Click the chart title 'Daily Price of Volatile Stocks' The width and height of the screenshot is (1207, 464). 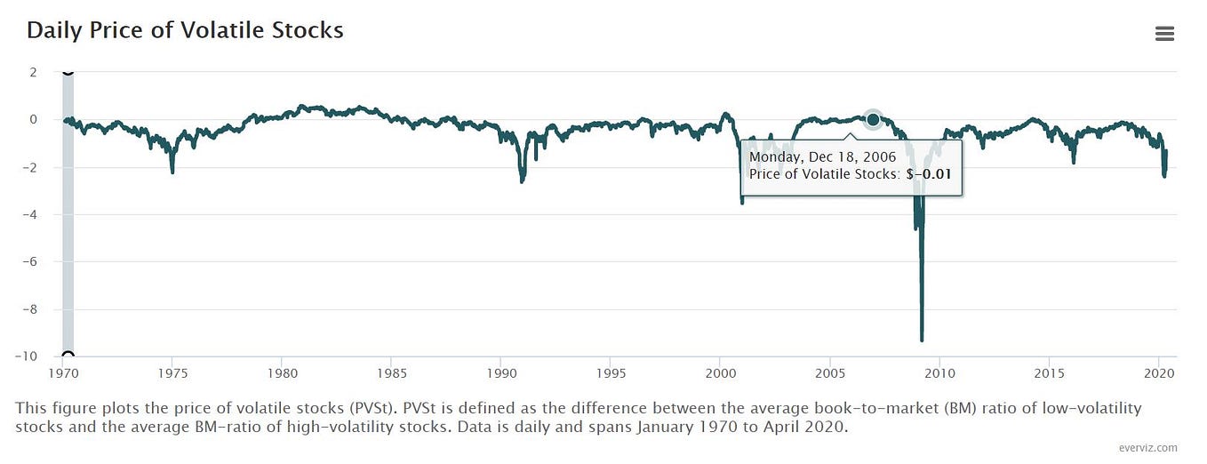point(185,30)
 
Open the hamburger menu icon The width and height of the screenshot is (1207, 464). point(1164,34)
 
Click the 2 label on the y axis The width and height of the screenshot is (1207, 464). point(33,72)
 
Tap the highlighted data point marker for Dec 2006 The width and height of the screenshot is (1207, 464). point(873,119)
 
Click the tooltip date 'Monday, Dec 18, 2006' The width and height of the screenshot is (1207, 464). point(822,157)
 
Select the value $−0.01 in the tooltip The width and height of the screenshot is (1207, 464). point(928,175)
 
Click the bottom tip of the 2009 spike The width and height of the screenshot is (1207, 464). point(922,340)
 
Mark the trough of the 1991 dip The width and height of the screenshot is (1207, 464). point(522,180)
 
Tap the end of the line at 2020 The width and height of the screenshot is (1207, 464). point(1165,152)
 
